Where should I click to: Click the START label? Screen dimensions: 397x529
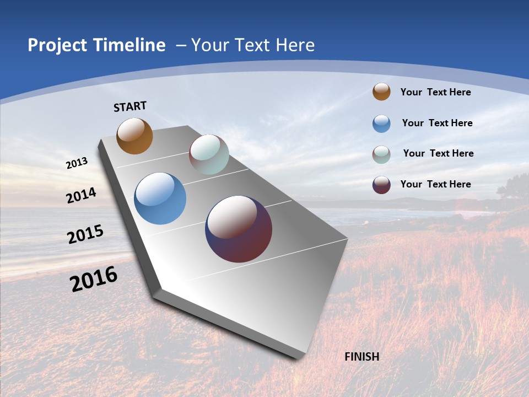coord(130,106)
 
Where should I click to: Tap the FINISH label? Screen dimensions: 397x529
coord(361,357)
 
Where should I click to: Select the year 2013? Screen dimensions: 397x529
coord(77,163)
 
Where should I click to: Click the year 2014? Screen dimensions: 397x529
coord(81,196)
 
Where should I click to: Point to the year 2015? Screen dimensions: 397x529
coord(85,234)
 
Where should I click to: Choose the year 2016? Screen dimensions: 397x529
coord(94,279)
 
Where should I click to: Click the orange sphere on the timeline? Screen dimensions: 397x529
coord(134,136)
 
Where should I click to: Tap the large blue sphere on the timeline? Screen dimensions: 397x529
coord(160,198)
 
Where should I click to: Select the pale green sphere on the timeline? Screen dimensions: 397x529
coord(209,154)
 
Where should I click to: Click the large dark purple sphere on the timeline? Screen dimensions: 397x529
coord(239,229)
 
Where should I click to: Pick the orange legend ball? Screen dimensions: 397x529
coord(381,92)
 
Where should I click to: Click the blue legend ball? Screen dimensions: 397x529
coord(381,124)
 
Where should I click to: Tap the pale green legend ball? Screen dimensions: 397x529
coord(381,154)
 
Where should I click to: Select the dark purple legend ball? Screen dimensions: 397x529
coord(381,185)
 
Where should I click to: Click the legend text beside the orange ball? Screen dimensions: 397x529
coord(435,92)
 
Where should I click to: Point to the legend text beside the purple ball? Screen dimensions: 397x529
coord(435,184)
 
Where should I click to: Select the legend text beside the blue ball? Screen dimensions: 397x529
coord(437,123)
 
